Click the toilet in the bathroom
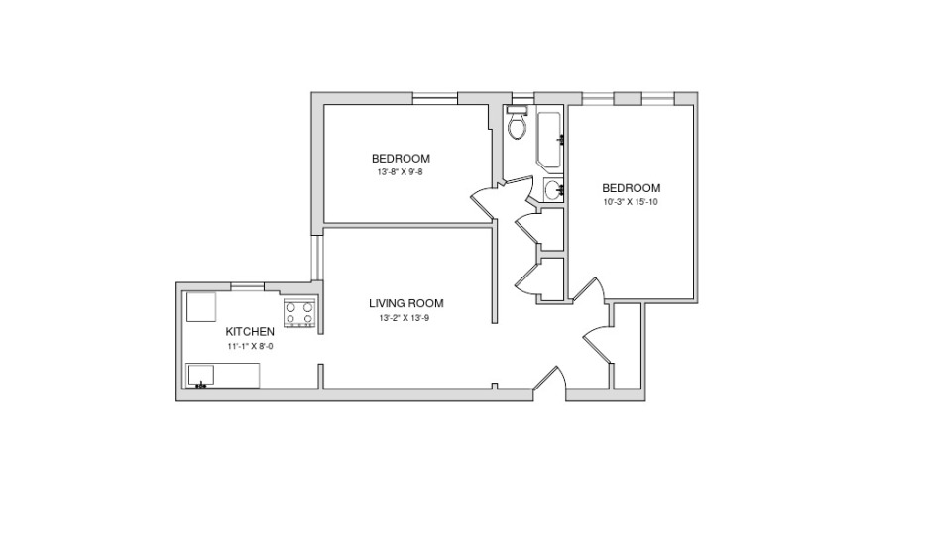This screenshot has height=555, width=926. (518, 123)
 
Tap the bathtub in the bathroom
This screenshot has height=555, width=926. (550, 140)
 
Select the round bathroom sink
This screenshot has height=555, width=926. (553, 190)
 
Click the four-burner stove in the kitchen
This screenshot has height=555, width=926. (299, 313)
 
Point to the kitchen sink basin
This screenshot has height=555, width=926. (200, 376)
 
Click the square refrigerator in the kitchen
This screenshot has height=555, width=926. (201, 307)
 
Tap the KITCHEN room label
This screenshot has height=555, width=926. (250, 332)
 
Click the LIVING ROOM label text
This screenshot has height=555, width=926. (406, 303)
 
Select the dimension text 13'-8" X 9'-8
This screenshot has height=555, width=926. (401, 173)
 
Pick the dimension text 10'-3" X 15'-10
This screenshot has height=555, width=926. (631, 202)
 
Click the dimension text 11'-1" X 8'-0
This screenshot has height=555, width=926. (250, 347)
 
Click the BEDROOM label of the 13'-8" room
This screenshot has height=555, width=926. (401, 159)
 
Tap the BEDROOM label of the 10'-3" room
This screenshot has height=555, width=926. (632, 188)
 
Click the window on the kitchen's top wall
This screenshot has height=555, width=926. (247, 286)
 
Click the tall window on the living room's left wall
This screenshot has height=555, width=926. (317, 258)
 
